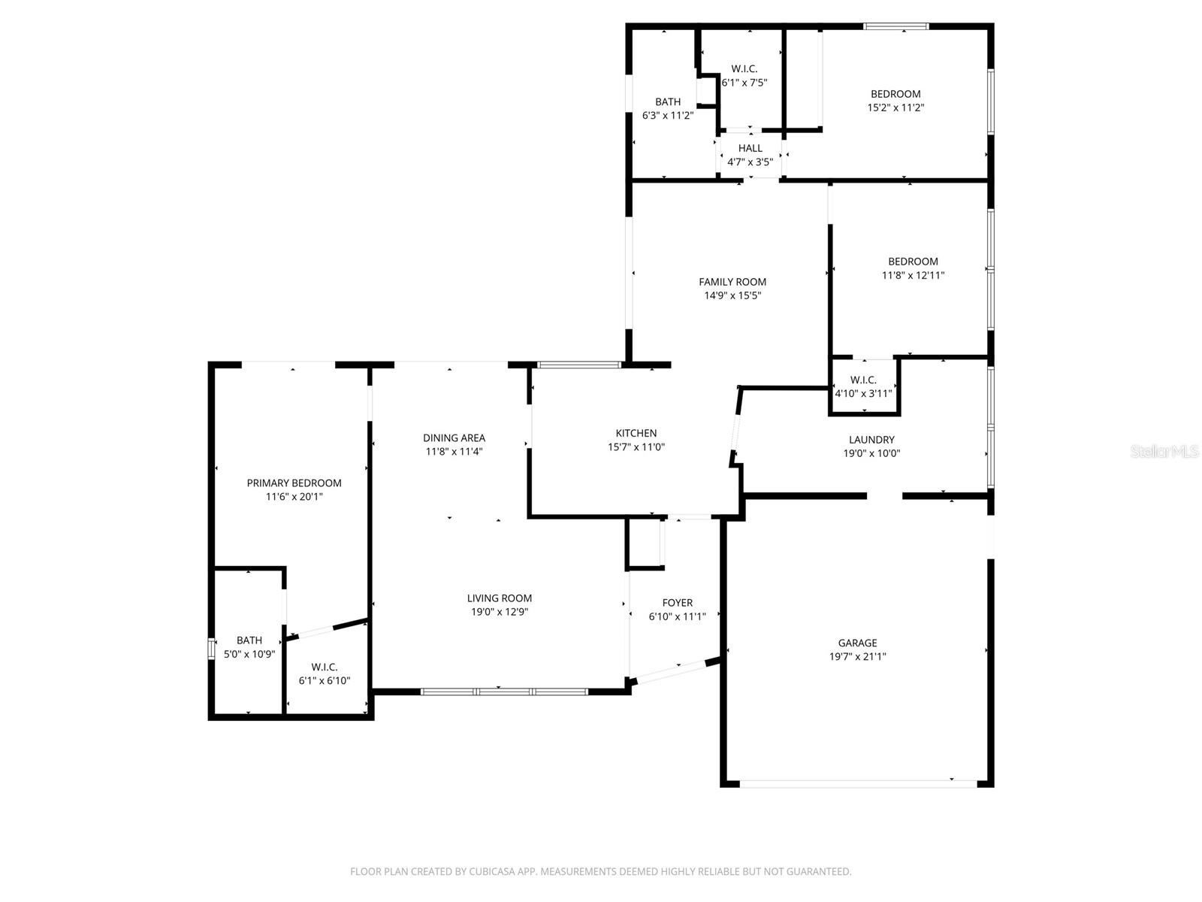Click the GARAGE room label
click(x=857, y=643)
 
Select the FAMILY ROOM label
click(x=732, y=282)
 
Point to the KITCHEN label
click(x=636, y=433)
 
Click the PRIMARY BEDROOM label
click(x=294, y=483)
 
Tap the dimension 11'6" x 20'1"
click(x=294, y=497)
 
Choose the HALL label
click(x=750, y=148)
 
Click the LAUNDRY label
click(x=871, y=440)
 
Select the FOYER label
click(x=677, y=603)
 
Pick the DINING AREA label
click(x=454, y=438)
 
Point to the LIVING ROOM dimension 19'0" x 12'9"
click(x=500, y=612)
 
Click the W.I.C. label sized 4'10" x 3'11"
click(x=863, y=380)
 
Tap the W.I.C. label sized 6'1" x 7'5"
click(x=744, y=69)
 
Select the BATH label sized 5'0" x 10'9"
click(x=249, y=640)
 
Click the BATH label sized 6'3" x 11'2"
click(x=668, y=102)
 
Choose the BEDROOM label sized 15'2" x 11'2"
click(x=895, y=94)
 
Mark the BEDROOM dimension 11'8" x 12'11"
click(x=913, y=275)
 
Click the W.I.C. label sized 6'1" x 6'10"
click(x=324, y=667)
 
